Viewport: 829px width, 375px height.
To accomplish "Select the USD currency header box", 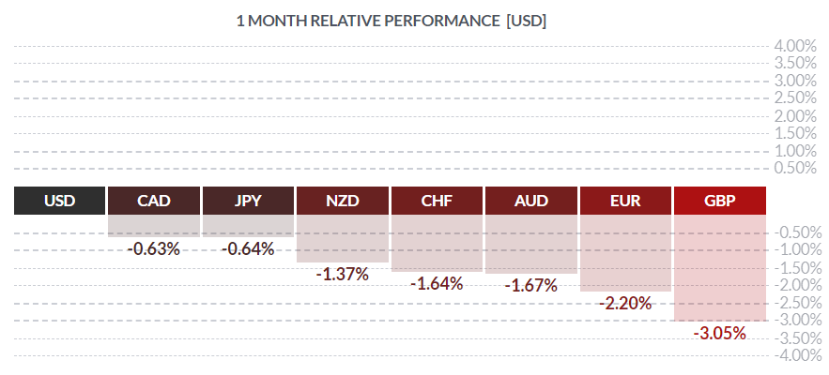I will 60,201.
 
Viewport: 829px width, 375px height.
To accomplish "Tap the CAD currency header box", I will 154,201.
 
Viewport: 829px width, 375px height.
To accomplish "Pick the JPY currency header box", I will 248,201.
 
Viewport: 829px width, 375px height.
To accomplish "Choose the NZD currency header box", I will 343,201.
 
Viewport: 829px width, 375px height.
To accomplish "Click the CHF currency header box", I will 437,201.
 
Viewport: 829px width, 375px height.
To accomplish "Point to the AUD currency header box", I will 531,201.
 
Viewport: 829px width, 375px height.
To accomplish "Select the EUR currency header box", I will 625,201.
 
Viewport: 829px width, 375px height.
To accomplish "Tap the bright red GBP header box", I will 720,201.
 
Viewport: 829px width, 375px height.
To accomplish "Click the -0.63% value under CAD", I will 154,248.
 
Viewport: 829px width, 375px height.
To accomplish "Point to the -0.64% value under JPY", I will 248,248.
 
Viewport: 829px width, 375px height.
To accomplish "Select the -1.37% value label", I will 343,274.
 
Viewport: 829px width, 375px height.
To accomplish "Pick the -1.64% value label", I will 437,283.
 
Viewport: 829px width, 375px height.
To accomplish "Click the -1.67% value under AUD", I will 531,284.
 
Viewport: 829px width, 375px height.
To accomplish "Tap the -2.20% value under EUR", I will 625,303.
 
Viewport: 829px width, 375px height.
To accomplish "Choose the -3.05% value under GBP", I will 720,333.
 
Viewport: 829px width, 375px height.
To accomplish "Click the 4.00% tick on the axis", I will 793,45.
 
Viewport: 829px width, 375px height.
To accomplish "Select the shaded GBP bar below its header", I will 720,267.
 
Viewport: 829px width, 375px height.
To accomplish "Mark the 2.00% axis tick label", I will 793,115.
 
